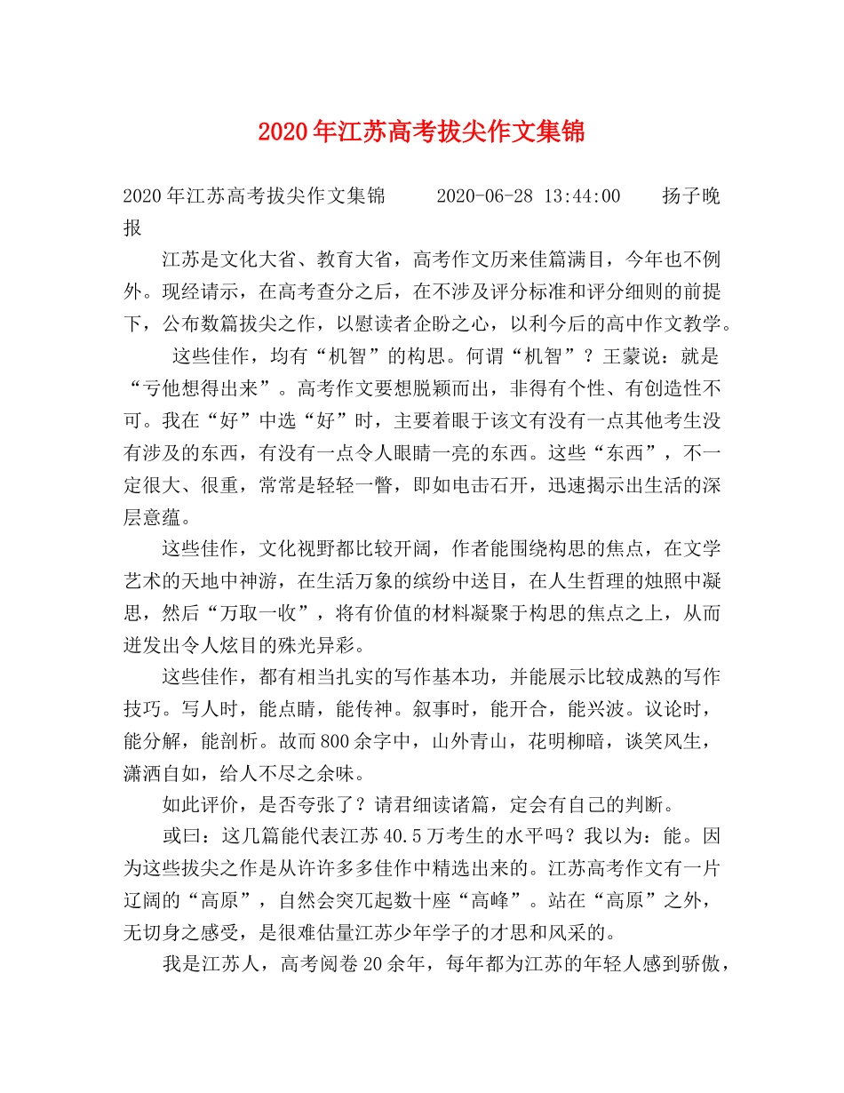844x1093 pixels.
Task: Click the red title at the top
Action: [421, 132]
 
